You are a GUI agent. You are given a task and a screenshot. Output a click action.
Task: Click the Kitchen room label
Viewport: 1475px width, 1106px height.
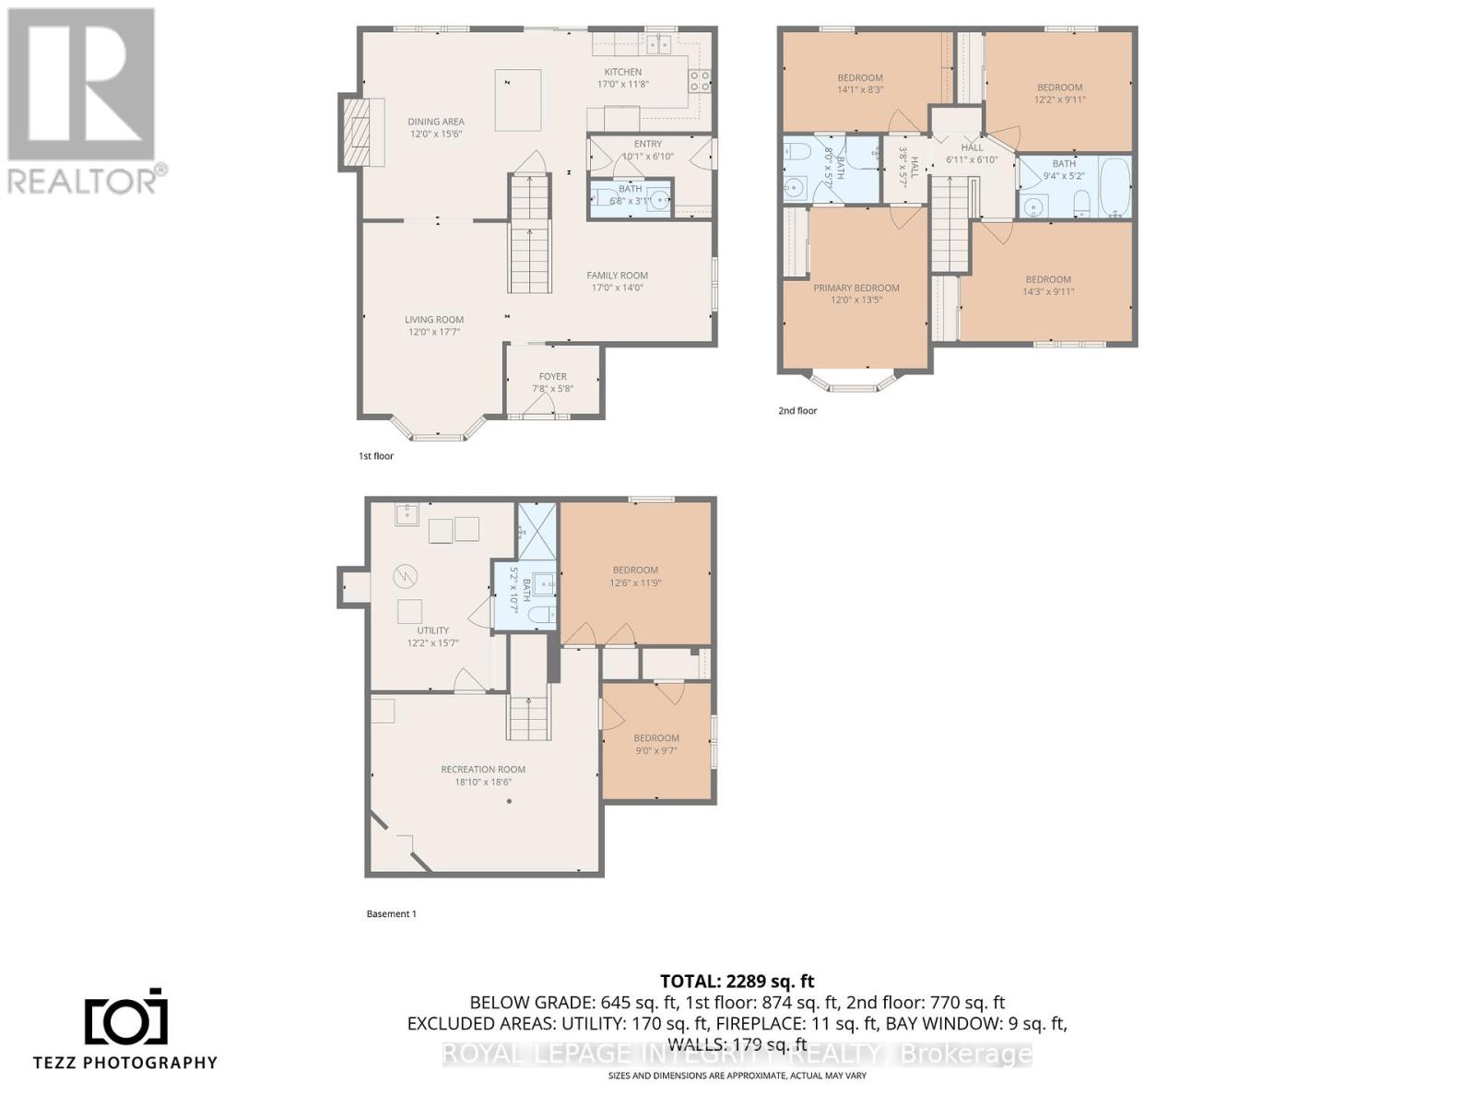pos(622,72)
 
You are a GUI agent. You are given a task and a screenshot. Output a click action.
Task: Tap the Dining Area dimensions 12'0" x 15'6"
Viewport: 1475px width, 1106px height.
pos(436,134)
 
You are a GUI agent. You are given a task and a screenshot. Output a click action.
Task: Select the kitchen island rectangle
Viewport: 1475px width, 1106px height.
pos(518,100)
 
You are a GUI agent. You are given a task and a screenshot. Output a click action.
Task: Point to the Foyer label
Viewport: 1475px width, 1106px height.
pos(552,376)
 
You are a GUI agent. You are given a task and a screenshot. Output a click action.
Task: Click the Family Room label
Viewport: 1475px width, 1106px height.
pos(617,276)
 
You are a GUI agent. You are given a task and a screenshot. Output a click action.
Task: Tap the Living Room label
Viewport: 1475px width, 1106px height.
pos(433,320)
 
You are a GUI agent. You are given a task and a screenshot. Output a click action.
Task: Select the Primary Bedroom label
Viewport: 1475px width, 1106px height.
pos(855,288)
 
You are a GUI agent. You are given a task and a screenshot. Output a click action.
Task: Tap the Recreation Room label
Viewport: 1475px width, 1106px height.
pos(482,770)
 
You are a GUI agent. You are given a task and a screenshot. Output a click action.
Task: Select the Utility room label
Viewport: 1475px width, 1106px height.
pos(432,630)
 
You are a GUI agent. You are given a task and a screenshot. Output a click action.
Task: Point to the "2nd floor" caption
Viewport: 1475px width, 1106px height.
pos(797,411)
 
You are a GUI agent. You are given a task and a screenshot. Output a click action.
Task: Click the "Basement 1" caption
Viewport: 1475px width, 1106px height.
pos(391,914)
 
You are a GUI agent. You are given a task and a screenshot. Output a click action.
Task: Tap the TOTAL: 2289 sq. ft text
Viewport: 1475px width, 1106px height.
pos(737,982)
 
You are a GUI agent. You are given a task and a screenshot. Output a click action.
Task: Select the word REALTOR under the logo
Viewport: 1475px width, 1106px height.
pos(83,180)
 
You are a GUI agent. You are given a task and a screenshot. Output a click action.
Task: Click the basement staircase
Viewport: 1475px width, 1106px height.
pos(529,718)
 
